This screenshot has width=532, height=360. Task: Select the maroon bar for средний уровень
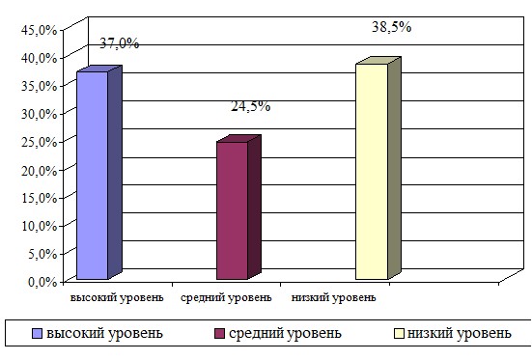click(x=238, y=208)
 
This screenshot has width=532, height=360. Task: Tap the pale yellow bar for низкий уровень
click(x=378, y=169)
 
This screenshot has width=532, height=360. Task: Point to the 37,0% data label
click(x=119, y=43)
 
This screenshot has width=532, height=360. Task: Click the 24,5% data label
click(x=250, y=106)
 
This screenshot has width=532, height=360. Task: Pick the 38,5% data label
click(x=392, y=26)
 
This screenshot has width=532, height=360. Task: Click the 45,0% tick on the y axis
click(x=39, y=30)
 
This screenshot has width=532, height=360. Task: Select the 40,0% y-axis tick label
click(x=39, y=58)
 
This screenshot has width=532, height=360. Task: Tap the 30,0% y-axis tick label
click(x=39, y=114)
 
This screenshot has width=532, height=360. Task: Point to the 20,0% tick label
click(x=39, y=170)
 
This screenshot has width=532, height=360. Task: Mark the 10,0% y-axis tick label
click(x=39, y=226)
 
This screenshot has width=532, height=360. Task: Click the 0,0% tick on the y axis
click(x=42, y=282)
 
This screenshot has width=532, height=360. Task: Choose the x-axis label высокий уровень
click(x=117, y=298)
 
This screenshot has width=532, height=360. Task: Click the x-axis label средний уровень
click(x=226, y=298)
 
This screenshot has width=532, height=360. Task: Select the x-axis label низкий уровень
click(x=333, y=298)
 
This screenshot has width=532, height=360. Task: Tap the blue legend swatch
click(x=37, y=334)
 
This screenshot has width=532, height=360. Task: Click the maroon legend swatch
click(x=219, y=334)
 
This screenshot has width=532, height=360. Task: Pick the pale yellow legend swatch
click(x=399, y=334)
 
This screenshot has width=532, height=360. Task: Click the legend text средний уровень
click(x=285, y=333)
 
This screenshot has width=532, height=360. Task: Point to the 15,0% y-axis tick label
click(x=39, y=198)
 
